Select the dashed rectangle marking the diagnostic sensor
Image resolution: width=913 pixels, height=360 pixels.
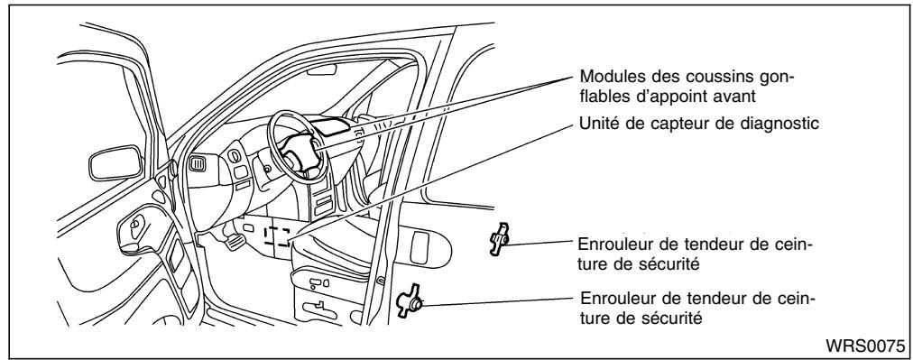coord(274,237)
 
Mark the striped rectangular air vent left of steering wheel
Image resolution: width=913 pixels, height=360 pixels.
coord(198,163)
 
